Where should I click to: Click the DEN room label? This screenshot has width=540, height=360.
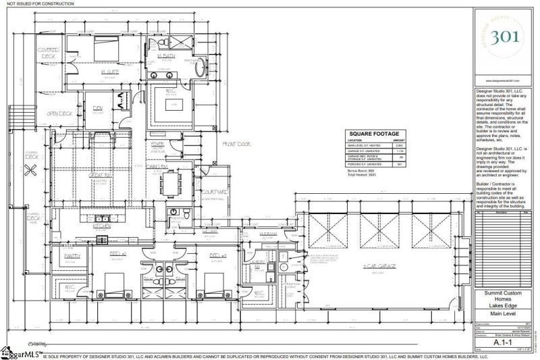click(97, 107)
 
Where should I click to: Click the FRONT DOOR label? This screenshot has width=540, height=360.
click(237, 144)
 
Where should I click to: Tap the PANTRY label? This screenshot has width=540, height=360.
click(74, 257)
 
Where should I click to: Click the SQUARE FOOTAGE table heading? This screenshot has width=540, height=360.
click(373, 134)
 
